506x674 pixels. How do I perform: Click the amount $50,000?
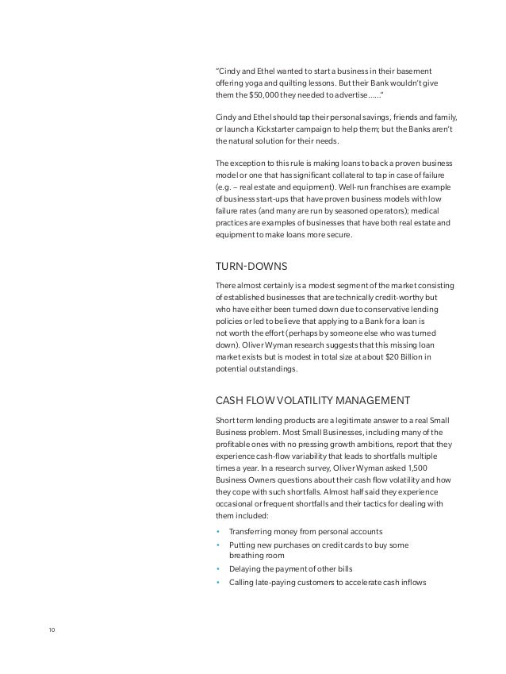click(266, 95)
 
